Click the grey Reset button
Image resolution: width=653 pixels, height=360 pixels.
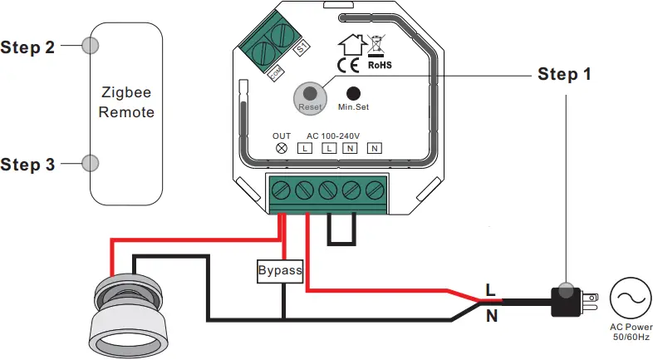click(x=309, y=95)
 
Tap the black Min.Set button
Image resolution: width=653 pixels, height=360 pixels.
click(x=353, y=94)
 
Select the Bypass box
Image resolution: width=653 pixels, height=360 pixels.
click(x=280, y=271)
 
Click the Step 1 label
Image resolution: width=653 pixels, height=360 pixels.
click(x=564, y=75)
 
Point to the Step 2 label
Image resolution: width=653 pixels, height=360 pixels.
click(x=28, y=47)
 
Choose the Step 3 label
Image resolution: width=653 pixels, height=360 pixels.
click(x=28, y=165)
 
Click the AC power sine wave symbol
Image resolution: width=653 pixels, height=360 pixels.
click(x=628, y=298)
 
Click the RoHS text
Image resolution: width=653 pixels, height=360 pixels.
click(x=381, y=64)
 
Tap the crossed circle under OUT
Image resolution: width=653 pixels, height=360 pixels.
click(x=282, y=148)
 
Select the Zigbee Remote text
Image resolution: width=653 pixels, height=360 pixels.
click(x=126, y=102)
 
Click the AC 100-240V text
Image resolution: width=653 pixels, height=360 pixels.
click(x=335, y=136)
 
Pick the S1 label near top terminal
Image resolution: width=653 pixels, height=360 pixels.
click(x=302, y=47)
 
